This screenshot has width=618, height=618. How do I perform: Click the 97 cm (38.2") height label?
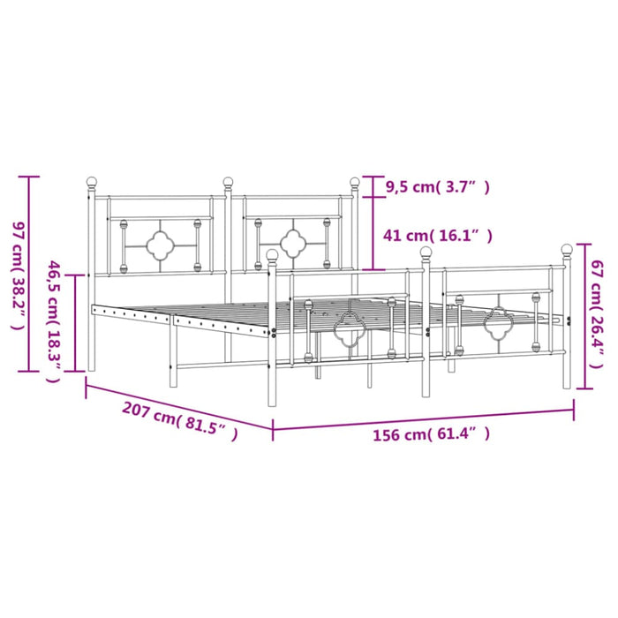point(15,277)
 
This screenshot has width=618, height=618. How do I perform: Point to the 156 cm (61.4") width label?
point(429,434)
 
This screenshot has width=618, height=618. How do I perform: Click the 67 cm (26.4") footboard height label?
point(599,316)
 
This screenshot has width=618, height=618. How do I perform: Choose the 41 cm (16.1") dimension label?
point(434,236)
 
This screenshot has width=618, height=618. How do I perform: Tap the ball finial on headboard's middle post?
point(228,184)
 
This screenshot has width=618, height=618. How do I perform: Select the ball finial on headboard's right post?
point(356,184)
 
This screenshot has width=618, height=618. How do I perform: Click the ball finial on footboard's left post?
point(273,256)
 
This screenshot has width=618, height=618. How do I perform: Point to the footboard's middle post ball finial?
point(426,254)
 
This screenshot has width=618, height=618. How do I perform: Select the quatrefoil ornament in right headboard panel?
point(291,240)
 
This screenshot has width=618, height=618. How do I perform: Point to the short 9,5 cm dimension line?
point(373,186)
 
